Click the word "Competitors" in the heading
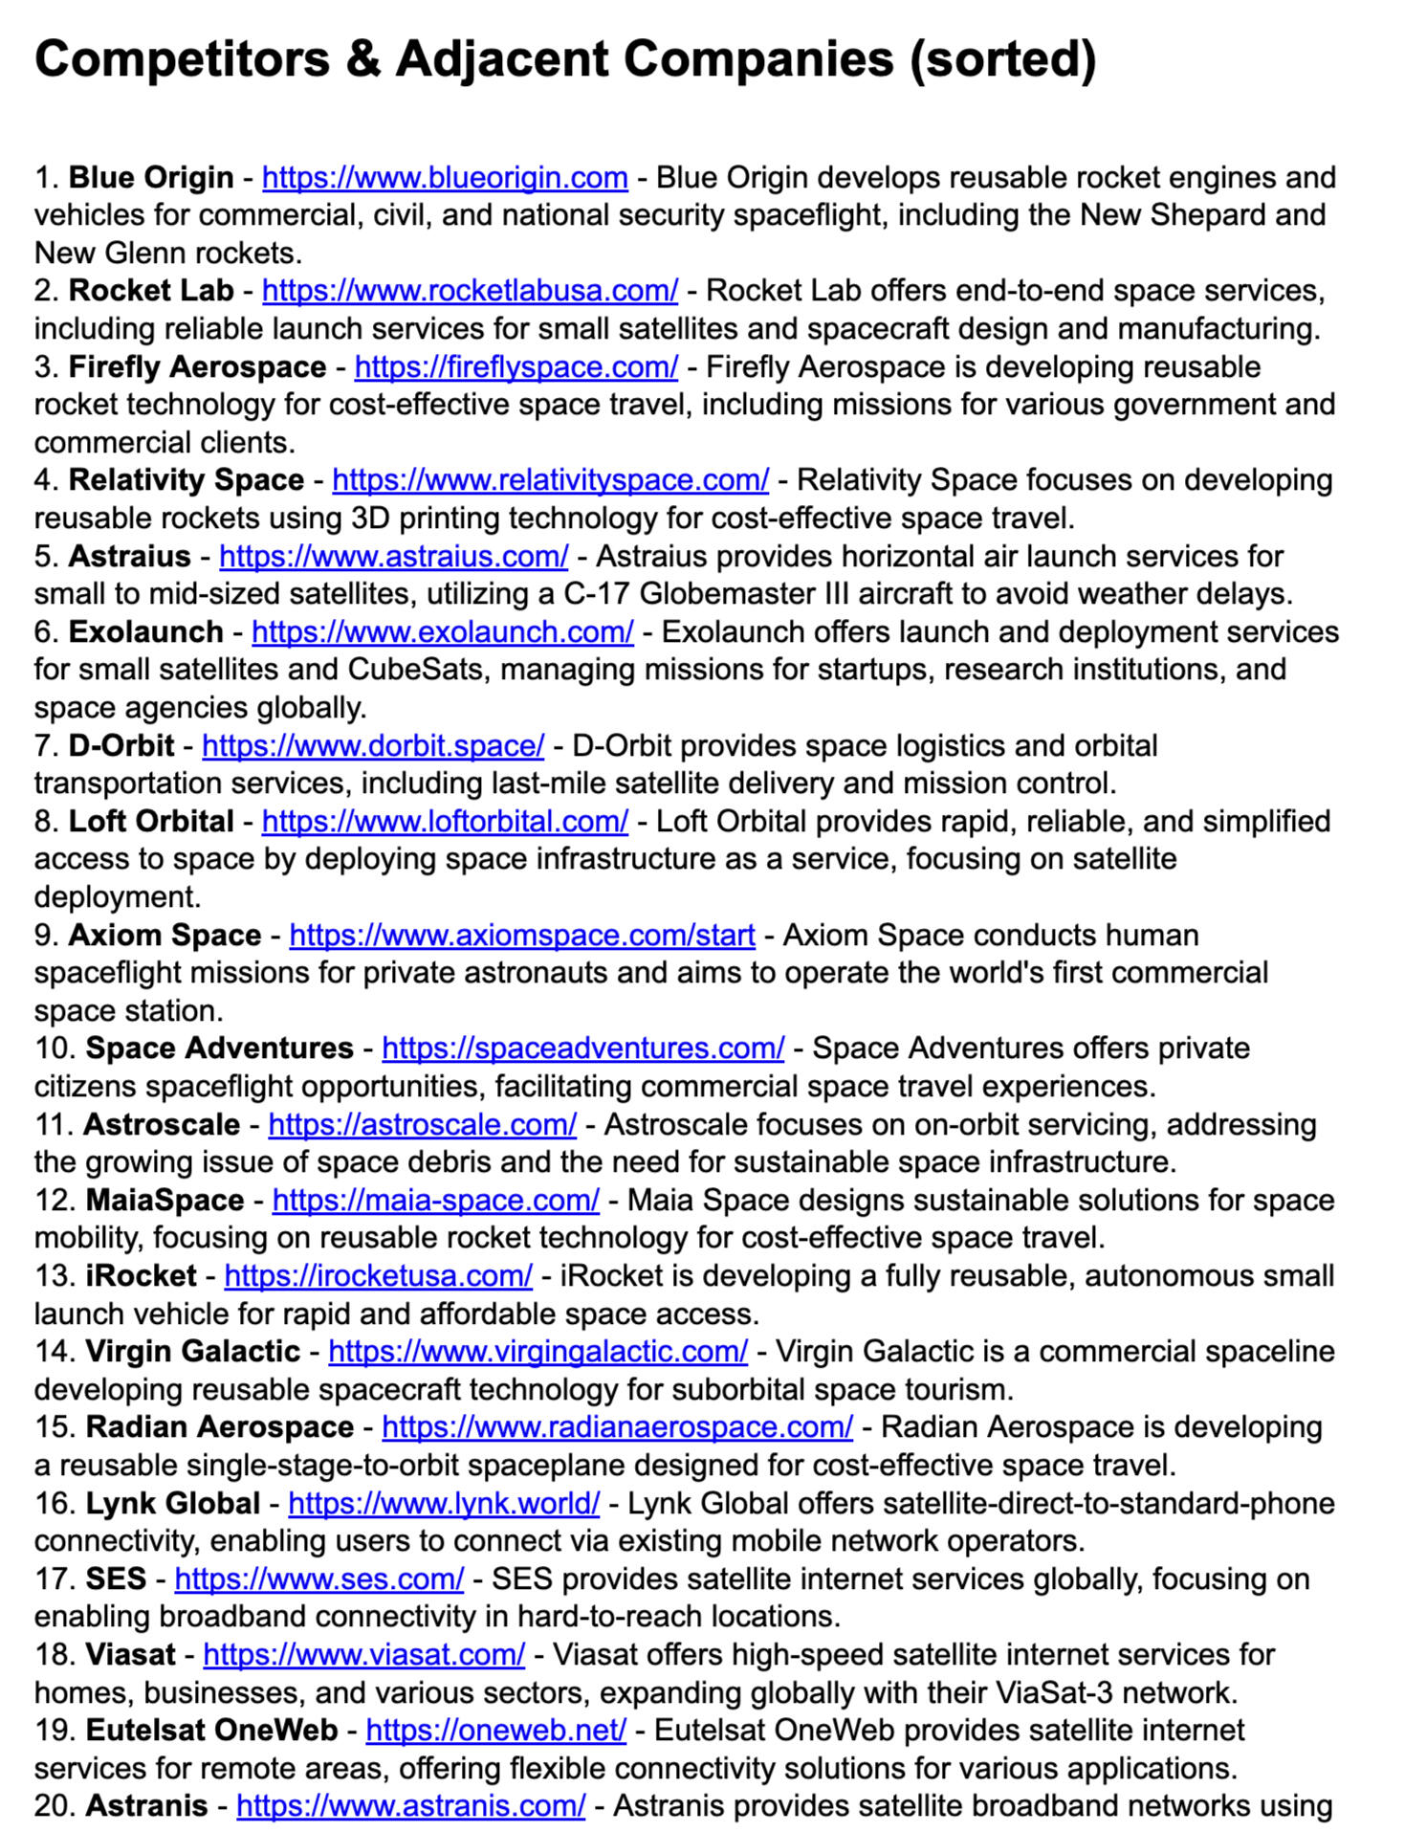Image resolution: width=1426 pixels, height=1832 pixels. (182, 59)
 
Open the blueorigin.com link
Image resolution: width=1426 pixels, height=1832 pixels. (445, 178)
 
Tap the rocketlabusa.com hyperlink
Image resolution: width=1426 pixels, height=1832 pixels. (470, 291)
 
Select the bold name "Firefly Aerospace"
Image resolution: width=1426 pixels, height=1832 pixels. (197, 367)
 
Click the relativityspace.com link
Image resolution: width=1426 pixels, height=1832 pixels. (550, 480)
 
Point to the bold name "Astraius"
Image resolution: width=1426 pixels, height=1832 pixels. (129, 557)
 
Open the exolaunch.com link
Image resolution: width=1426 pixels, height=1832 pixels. (442, 632)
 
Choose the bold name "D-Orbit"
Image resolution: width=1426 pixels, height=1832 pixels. (121, 746)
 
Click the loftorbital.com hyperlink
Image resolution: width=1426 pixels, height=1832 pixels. (445, 822)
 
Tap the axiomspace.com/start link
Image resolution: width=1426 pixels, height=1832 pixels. (522, 936)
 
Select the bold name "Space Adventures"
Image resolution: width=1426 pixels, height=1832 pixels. (219, 1048)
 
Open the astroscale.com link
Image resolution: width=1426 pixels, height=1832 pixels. (422, 1125)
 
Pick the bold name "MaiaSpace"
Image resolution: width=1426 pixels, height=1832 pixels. (165, 1201)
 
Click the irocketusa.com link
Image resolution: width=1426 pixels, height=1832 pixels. (378, 1276)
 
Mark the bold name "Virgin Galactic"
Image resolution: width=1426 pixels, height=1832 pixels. (192, 1352)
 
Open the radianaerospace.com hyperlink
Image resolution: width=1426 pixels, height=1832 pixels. (617, 1427)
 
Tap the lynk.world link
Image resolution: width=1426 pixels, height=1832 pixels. (444, 1504)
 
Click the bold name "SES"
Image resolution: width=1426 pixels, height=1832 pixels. (116, 1579)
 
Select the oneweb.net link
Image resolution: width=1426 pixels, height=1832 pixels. (495, 1731)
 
